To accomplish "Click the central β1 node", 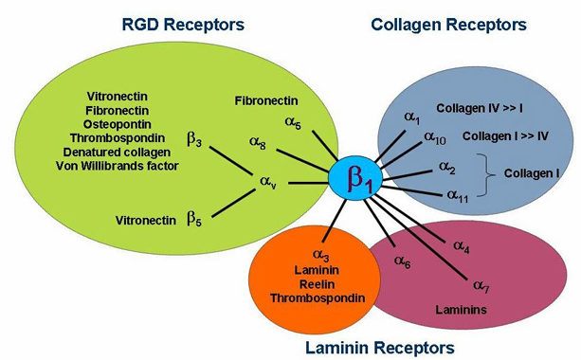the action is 355,178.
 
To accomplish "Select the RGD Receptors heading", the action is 183,25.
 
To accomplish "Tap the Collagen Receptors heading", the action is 448,25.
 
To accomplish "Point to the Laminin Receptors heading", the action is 380,348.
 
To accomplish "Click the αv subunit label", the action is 268,182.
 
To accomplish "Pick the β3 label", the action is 194,139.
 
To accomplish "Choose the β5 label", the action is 194,218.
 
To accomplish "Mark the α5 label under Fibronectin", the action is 293,122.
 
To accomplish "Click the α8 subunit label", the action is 258,142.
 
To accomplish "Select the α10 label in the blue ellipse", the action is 435,137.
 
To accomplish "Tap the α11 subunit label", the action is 458,195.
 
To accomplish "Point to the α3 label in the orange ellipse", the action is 321,255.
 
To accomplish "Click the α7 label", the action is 481,286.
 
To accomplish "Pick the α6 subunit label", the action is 403,261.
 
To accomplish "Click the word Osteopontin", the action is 118,124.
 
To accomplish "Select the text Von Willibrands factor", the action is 118,166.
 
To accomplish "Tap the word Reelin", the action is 318,284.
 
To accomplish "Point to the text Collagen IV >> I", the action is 480,108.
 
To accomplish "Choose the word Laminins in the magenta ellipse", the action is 461,309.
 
